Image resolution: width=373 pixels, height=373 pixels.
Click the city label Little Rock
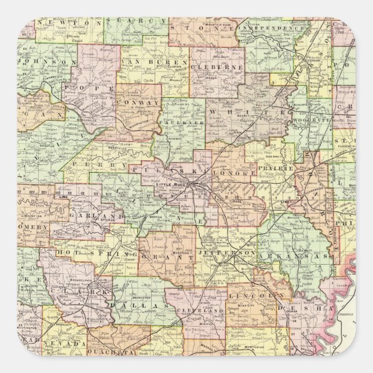(x=168, y=184)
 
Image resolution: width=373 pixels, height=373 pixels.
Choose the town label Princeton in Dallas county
(x=138, y=293)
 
